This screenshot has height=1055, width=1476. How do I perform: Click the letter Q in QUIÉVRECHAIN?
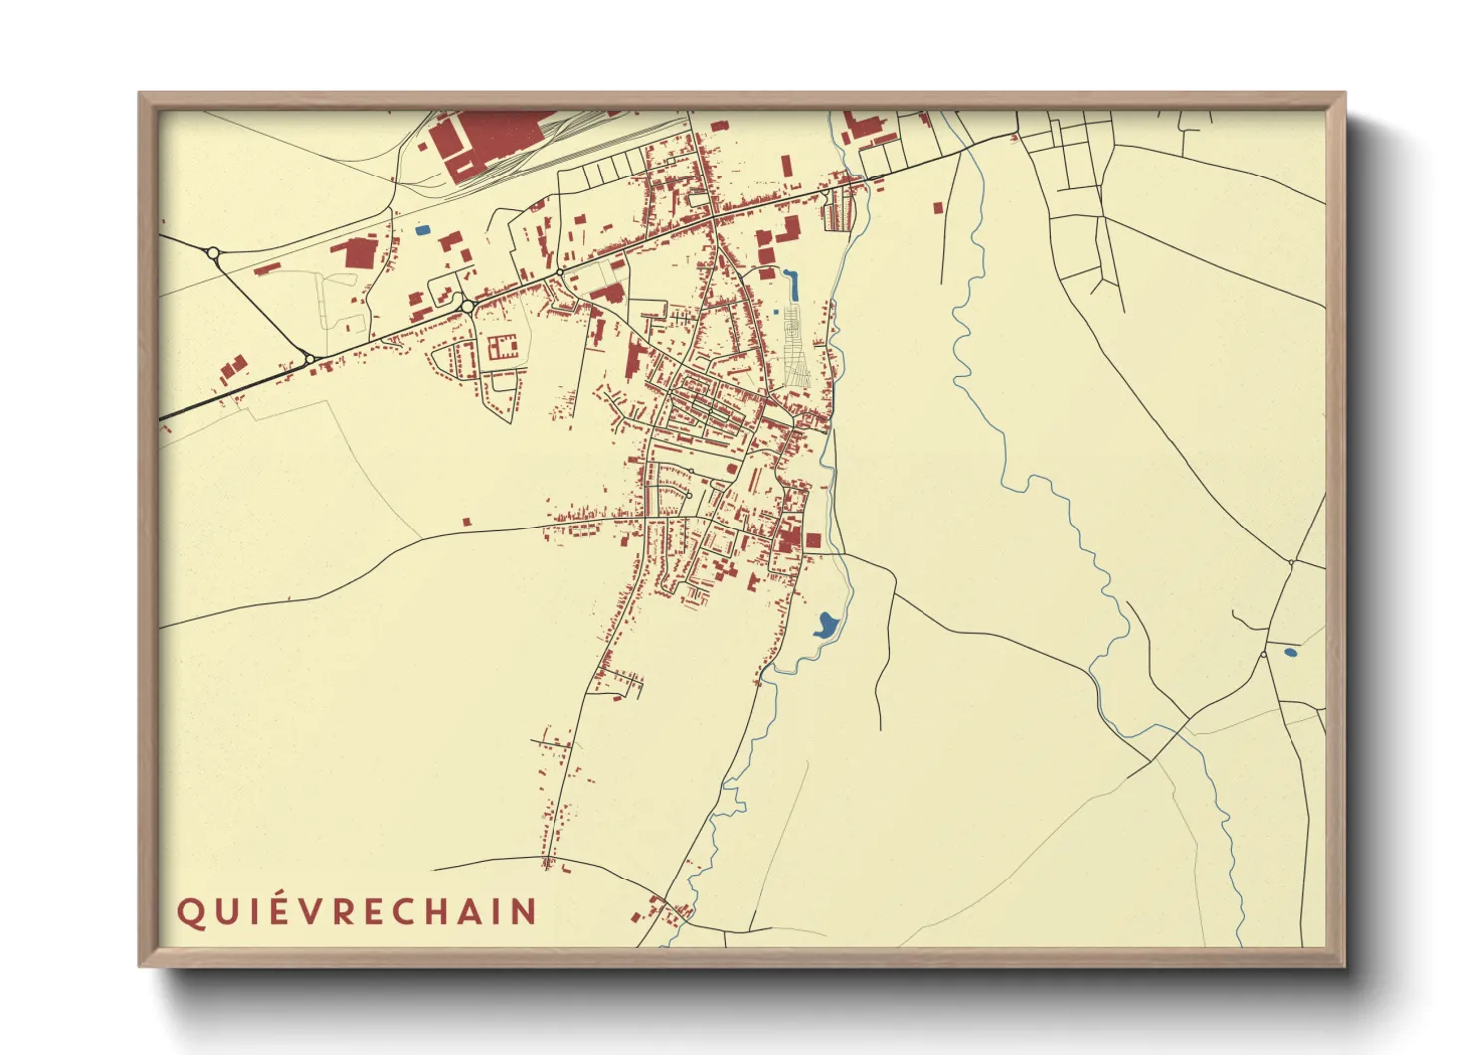pos(187,913)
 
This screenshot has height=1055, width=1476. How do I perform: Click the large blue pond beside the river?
pos(825,625)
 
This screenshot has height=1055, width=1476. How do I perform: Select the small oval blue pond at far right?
pos(1290,652)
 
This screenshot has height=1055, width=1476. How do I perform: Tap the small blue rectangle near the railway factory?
pos(423,230)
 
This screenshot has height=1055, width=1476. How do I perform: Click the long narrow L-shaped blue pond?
pos(794,286)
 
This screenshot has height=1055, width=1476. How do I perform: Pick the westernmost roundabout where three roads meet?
pos(213,253)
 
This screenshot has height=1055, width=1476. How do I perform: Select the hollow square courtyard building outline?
pos(501,348)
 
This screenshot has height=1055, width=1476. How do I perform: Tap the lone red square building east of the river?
pos(938,207)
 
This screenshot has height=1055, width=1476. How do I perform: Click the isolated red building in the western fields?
pos(467,520)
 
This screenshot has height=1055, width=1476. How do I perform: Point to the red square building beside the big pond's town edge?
pos(813,540)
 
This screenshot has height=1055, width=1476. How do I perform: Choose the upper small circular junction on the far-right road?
pos(1291,563)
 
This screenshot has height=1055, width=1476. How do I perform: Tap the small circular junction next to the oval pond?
pos(1263,655)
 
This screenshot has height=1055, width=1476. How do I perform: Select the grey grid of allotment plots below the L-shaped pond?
pos(796,347)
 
